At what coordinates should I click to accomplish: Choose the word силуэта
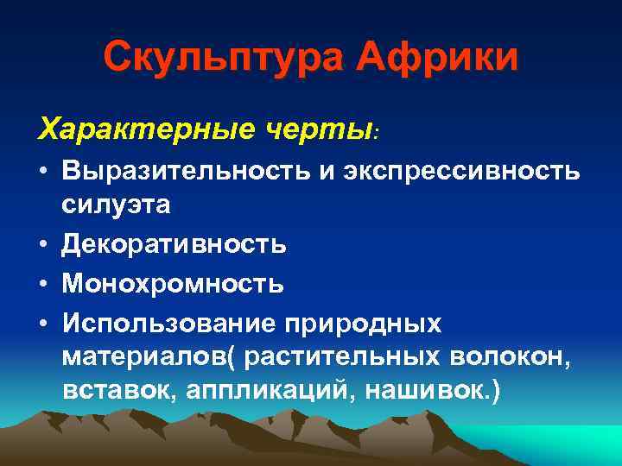(x=116, y=205)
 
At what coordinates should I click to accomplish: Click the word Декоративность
(x=174, y=244)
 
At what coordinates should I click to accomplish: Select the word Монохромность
(x=172, y=283)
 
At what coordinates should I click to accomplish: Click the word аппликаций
(x=271, y=390)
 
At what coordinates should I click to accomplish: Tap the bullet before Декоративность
(x=42, y=245)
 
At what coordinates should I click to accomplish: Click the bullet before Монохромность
(x=42, y=284)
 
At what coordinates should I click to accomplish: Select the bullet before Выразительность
(x=42, y=173)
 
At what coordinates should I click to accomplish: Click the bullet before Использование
(x=42, y=323)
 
